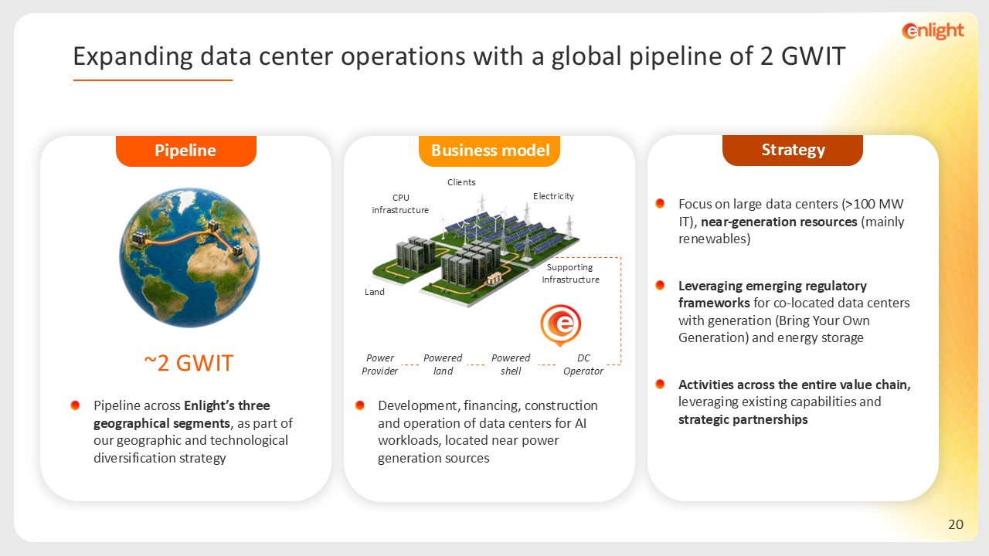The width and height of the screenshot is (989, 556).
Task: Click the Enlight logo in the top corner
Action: point(933,31)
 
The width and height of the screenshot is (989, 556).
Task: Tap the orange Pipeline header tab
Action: point(186,151)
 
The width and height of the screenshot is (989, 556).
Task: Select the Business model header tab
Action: point(490,151)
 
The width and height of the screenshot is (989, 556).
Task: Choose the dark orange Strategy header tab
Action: point(793,150)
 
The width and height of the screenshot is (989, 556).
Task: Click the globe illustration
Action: point(189,258)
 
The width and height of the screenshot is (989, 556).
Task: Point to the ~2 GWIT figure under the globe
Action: point(189,363)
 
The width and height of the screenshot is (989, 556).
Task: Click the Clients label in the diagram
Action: point(461,182)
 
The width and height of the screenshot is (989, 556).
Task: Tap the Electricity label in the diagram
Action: point(553,196)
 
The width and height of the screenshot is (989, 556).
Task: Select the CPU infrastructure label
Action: point(400,204)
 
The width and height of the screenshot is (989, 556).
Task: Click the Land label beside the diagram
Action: point(375,292)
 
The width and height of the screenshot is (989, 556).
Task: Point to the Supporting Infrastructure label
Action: point(570,273)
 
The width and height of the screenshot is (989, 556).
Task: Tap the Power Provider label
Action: point(379,364)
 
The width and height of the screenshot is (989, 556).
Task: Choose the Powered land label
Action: point(443,364)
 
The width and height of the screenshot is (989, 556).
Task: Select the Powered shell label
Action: point(511,364)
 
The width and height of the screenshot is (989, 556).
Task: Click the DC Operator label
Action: point(583,364)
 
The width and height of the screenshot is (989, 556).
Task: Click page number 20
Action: point(956,524)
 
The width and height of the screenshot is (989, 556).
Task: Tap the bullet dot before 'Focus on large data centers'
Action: point(660,203)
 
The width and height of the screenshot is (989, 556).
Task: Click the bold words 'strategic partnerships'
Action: point(743,419)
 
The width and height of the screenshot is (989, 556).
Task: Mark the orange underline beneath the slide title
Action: point(153,80)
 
